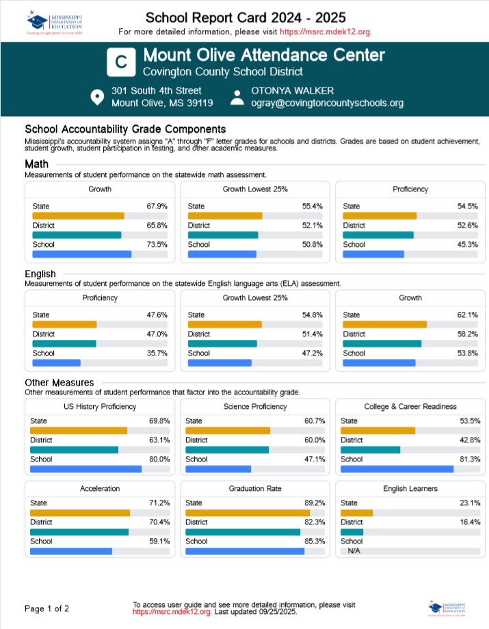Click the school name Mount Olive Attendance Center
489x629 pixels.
[x=263, y=55]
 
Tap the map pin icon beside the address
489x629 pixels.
[x=98, y=97]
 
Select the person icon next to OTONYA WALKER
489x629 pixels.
[x=237, y=97]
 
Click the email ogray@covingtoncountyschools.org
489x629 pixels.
[x=328, y=103]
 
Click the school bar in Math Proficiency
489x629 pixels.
[x=373, y=254]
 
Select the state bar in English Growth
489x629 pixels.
[x=384, y=324]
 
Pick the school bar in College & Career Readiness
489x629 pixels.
[x=397, y=469]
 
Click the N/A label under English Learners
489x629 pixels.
[x=354, y=550]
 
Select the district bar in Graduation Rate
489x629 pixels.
[x=243, y=532]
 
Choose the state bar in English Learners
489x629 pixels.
[x=356, y=513]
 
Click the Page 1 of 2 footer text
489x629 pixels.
[x=47, y=608]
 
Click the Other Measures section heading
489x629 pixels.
[x=59, y=383]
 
